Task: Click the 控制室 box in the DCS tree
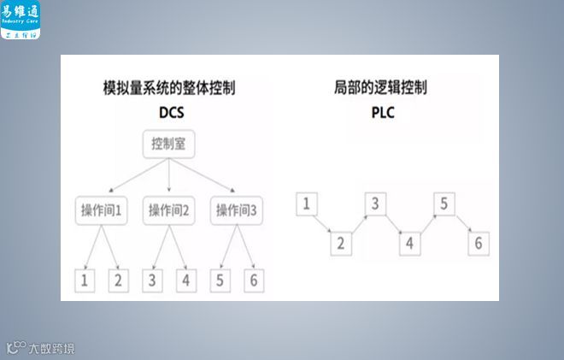coord(169,145)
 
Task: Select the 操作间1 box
coord(101,210)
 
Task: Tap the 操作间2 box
coord(169,210)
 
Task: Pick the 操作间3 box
coord(237,210)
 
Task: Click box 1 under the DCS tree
coord(85,280)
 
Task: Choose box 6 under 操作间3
coord(252,280)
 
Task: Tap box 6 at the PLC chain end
coord(478,243)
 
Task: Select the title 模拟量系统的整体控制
coord(169,88)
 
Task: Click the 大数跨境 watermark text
coord(51,347)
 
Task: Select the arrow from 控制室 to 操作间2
coord(169,178)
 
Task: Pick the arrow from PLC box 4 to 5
coord(426,223)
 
